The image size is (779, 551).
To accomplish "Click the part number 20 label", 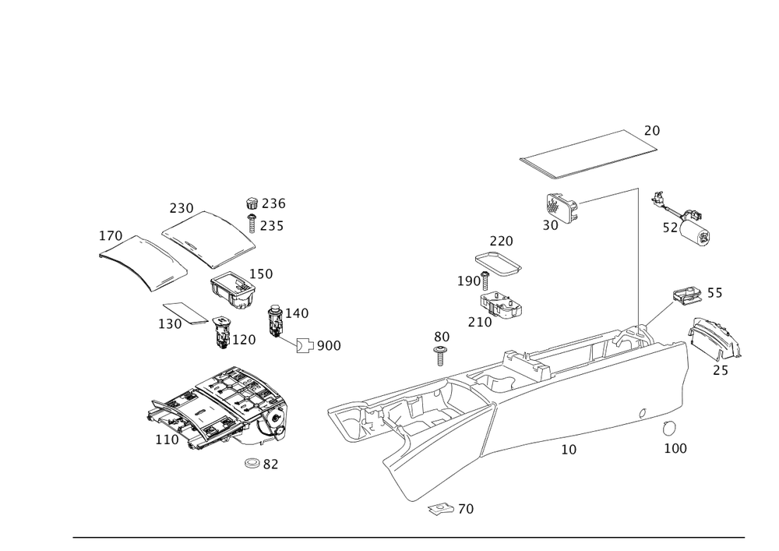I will [x=652, y=131].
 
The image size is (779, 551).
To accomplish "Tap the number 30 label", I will [x=551, y=224].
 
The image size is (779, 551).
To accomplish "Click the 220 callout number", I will [x=501, y=242].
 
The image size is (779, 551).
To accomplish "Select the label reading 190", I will [x=470, y=281].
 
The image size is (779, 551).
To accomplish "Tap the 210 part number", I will [x=480, y=321].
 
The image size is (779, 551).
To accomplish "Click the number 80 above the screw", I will [x=442, y=336].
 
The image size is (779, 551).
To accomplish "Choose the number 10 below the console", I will [x=569, y=450].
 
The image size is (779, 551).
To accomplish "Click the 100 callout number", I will [x=675, y=450].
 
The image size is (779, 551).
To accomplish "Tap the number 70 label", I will [x=465, y=509].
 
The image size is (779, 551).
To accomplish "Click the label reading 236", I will [x=273, y=203].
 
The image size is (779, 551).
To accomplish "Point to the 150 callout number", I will [x=261, y=274].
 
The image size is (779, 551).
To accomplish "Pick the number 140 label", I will [x=297, y=313].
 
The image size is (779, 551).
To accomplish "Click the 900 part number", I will [x=328, y=345].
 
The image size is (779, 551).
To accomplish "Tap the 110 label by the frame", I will [x=167, y=440].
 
